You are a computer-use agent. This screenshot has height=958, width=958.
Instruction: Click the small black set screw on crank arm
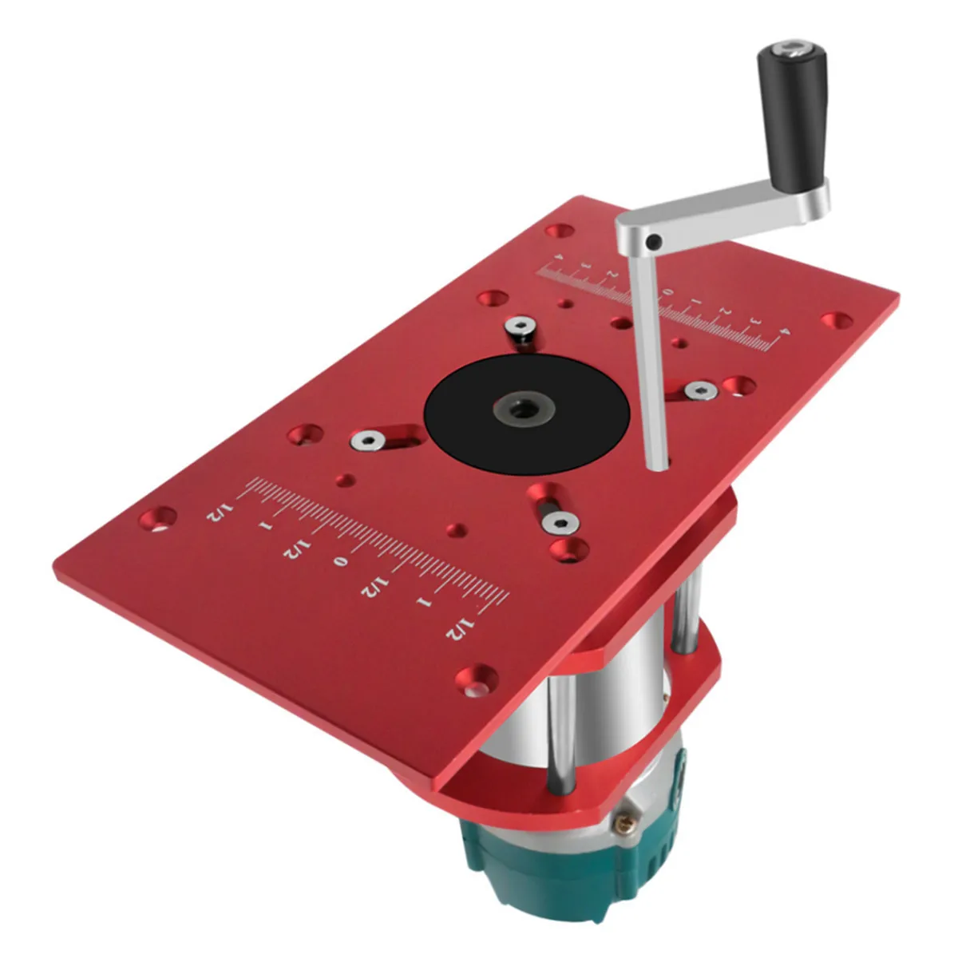tap(654, 241)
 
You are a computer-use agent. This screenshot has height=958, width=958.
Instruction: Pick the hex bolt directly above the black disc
tap(523, 326)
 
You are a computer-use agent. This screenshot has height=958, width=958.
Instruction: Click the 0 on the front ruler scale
tap(338, 562)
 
